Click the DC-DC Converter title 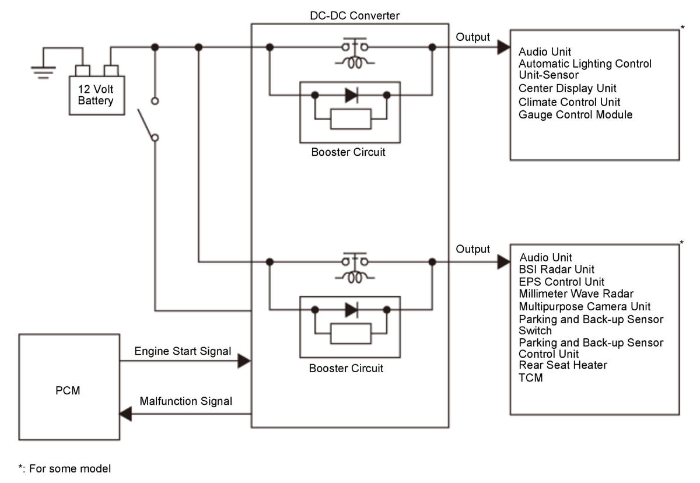[355, 16]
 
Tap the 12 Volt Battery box [97, 95]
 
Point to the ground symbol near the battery [43, 72]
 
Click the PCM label [68, 390]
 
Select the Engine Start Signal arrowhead [244, 361]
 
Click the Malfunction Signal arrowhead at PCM [125, 414]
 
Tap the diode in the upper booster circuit [352, 95]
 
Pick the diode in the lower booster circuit [352, 310]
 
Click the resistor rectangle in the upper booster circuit [351, 119]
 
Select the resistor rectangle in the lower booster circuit [351, 334]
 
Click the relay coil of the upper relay [355, 63]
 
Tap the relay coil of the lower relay [355, 278]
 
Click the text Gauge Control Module [575, 115]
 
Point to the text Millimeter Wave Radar [576, 293]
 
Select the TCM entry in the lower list [531, 378]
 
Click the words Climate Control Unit [569, 102]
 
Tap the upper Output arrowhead [504, 47]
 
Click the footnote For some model [70, 468]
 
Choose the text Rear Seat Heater [563, 365]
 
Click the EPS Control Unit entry [562, 282]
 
